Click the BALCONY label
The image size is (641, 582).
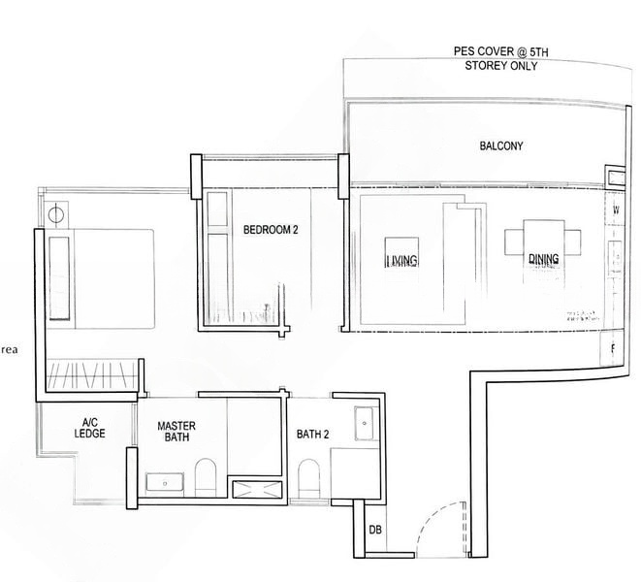(x=501, y=146)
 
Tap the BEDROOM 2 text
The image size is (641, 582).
(x=271, y=230)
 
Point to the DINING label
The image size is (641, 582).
(x=543, y=259)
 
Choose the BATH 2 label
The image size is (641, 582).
(x=313, y=435)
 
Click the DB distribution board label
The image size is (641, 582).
(x=374, y=531)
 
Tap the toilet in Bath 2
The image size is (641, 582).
(x=309, y=478)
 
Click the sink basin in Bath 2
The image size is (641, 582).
(x=367, y=420)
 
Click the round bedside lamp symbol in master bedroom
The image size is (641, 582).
(x=57, y=213)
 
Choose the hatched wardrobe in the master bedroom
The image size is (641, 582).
(x=92, y=372)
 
